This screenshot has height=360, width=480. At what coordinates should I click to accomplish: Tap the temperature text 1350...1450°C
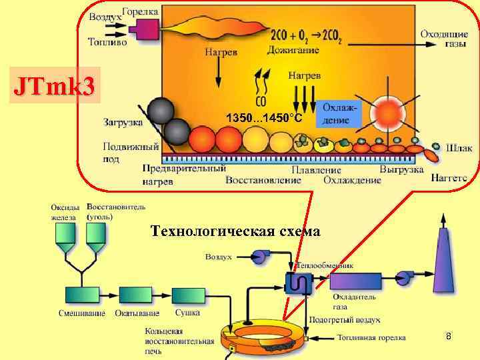[265, 118]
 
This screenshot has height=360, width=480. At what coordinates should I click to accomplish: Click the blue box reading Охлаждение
[340, 113]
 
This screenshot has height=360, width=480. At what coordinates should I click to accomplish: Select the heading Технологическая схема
[235, 231]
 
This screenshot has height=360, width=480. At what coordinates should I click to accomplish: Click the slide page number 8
[449, 337]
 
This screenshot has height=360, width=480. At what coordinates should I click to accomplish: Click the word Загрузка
[123, 122]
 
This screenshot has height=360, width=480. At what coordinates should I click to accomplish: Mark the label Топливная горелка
[371, 337]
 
